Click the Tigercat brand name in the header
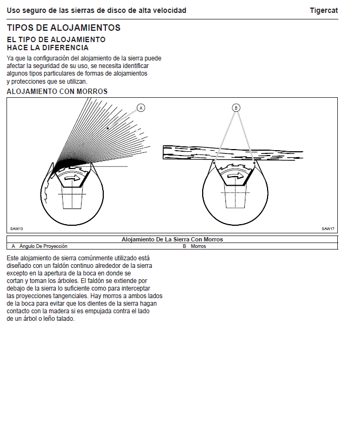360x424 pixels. (324, 10)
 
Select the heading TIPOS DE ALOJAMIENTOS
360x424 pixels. (64, 28)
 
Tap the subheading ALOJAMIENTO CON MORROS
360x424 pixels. (57, 91)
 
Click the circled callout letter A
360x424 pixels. (141, 107)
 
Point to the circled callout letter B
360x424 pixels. (236, 107)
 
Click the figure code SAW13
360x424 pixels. (16, 228)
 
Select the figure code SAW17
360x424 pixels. (328, 228)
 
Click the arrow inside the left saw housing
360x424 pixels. (71, 177)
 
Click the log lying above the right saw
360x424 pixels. (232, 152)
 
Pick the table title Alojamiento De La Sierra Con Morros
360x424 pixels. (172, 239)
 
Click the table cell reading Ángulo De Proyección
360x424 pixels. (43, 246)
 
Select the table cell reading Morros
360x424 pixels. (198, 246)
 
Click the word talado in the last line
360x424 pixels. (64, 319)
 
